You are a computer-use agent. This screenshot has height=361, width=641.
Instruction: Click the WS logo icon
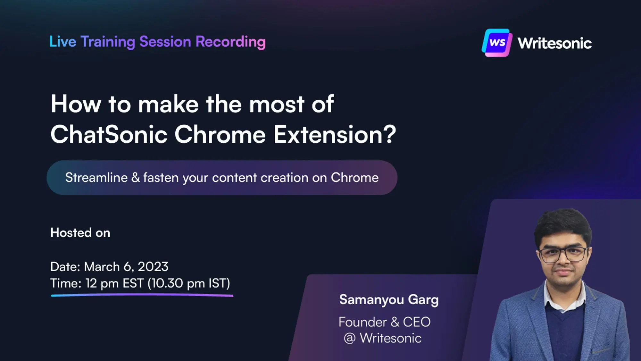click(x=496, y=43)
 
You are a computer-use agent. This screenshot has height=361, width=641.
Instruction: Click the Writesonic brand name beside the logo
click(x=554, y=43)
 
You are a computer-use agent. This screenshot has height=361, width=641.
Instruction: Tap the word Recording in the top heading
click(x=230, y=42)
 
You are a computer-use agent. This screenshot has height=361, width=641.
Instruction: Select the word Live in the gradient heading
click(x=62, y=42)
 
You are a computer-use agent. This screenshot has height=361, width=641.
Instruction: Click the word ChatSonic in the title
click(x=109, y=134)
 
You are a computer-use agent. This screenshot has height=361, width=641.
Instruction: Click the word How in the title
click(x=76, y=104)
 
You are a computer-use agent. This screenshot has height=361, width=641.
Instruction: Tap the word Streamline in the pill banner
click(x=96, y=178)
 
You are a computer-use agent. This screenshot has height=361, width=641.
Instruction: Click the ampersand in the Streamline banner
click(x=136, y=178)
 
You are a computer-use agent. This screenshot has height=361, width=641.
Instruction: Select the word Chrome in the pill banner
click(x=354, y=178)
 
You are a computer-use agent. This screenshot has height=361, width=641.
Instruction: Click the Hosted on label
click(x=80, y=233)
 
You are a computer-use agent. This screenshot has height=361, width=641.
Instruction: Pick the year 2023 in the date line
click(x=153, y=267)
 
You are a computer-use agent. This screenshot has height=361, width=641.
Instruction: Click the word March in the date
click(x=102, y=267)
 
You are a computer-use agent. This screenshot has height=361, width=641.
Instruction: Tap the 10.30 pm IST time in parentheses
click(x=188, y=283)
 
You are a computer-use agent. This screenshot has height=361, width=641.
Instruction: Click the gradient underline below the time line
click(x=142, y=295)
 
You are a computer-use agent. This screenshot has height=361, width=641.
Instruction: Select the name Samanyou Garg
click(x=389, y=300)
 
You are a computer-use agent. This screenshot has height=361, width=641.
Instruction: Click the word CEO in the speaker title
click(x=416, y=322)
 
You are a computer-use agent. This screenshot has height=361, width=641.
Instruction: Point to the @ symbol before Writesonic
click(x=349, y=338)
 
